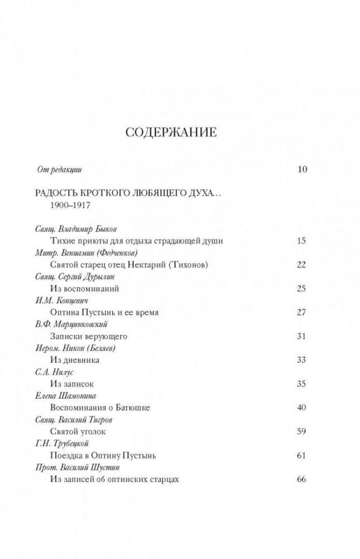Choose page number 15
[302, 241]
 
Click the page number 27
[302, 312]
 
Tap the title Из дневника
[75, 360]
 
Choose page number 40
[302, 407]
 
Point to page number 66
[302, 479]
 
